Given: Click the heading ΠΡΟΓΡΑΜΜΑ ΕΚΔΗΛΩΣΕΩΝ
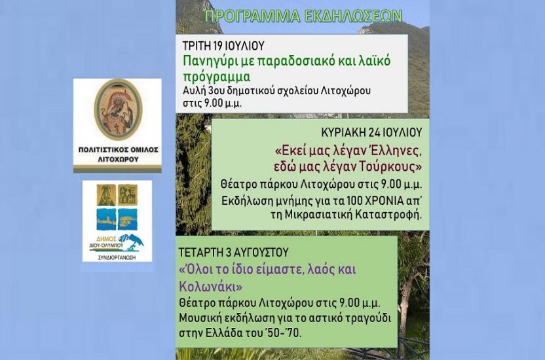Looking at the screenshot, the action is click(303, 16).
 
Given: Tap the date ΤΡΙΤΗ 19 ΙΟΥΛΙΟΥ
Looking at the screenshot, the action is click(223, 46).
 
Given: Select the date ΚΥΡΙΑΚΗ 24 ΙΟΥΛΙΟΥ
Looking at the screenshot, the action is click(371, 132).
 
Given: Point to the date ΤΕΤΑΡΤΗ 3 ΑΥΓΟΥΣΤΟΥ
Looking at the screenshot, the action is click(234, 252).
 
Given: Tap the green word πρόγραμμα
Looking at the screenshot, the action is click(217, 77).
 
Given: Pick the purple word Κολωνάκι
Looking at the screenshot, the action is click(211, 287).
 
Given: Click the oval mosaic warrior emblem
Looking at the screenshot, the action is click(118, 110).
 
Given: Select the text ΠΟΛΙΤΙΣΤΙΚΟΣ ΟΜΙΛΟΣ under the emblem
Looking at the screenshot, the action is click(118, 150).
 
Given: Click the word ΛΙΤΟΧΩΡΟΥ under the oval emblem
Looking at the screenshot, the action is click(118, 159).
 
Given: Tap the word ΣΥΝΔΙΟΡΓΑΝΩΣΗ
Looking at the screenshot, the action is click(117, 258).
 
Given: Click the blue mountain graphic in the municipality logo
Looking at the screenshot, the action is click(132, 242).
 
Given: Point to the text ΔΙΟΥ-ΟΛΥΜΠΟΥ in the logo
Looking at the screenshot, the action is click(105, 245).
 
